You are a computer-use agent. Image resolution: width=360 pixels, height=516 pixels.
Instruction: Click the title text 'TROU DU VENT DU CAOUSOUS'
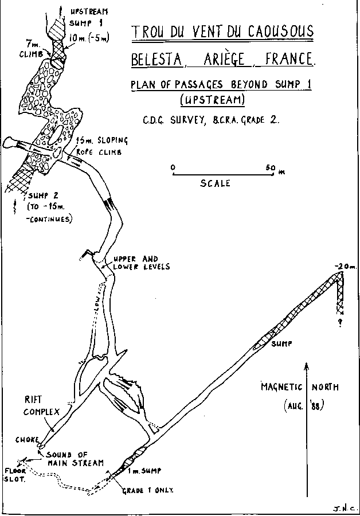pos(222,32)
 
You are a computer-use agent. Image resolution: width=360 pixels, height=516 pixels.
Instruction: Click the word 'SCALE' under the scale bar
pos(215,183)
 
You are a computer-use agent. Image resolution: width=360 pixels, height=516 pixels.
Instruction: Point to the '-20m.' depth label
pos(342,267)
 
